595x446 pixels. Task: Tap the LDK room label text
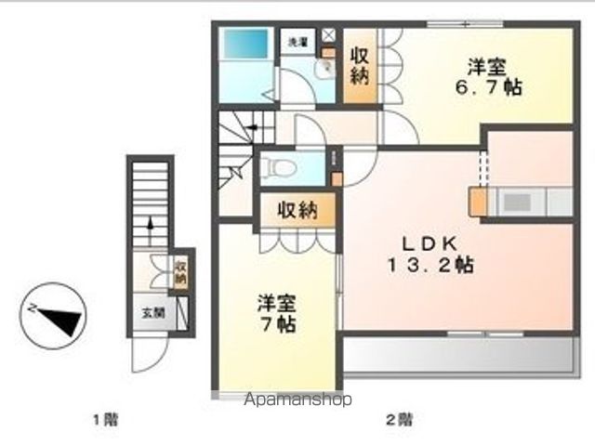430,243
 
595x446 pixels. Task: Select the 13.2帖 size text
430,265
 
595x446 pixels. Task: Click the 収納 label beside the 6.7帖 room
360,67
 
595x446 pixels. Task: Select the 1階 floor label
104,419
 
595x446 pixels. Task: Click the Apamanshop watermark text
297,400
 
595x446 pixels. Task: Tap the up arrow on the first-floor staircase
150,227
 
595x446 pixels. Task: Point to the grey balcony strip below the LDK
456,355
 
